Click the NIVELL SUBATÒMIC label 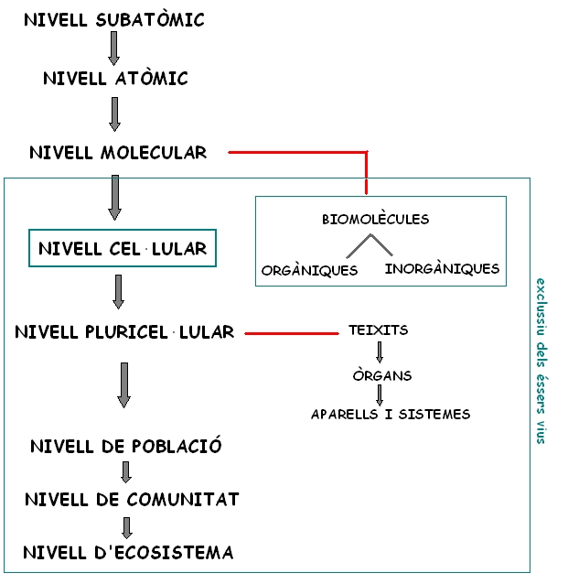coord(114,19)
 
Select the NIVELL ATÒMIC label coord(115,79)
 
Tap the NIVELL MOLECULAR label coord(118,152)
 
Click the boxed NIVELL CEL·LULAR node coord(123,248)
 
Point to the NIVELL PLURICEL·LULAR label coord(124,332)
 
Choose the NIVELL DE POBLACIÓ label coord(126,447)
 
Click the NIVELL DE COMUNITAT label coord(132,499)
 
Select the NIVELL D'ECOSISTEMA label coord(128,552)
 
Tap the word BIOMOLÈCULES coord(375,220)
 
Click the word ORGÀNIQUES coord(309,271)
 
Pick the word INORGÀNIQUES coord(443,269)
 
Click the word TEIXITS coord(379,330)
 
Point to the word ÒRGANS coord(382,375)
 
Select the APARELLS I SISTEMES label coord(391,415)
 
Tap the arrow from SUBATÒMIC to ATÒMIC coord(114,48)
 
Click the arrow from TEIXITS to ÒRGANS coord(380,352)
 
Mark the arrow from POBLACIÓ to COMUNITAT coord(126,472)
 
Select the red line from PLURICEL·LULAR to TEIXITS coord(291,333)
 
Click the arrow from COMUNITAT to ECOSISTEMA coord(127,527)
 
